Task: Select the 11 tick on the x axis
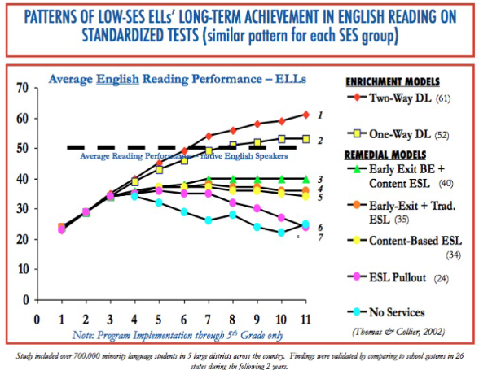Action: pyautogui.click(x=305, y=320)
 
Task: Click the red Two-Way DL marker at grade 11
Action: pyautogui.click(x=305, y=115)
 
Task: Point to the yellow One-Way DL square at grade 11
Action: pyautogui.click(x=305, y=139)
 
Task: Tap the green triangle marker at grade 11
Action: pyautogui.click(x=305, y=178)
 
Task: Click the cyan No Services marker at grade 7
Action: pyautogui.click(x=207, y=220)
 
